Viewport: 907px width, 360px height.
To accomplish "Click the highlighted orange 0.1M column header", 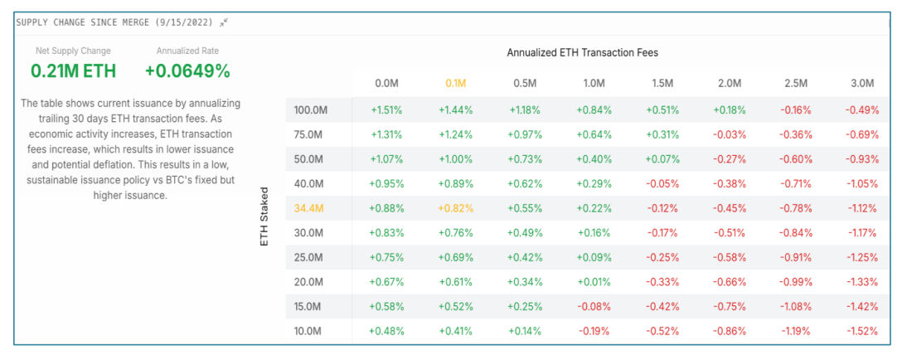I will [456, 83].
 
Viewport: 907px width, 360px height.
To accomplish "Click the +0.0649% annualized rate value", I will [187, 71].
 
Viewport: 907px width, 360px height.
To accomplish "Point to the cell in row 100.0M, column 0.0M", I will [386, 109].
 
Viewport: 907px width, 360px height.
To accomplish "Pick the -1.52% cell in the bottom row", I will [862, 331].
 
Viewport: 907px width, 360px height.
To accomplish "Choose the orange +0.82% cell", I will [456, 208].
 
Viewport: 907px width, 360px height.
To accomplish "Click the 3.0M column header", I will [862, 83].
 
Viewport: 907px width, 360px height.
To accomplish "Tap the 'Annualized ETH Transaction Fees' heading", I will [582, 53].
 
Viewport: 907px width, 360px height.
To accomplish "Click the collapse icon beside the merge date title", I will [223, 22].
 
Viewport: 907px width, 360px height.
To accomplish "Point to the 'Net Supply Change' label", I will [73, 51].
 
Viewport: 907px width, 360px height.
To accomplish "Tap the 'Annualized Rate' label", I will [187, 51].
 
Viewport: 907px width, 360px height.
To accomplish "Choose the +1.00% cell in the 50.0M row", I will [456, 158].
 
